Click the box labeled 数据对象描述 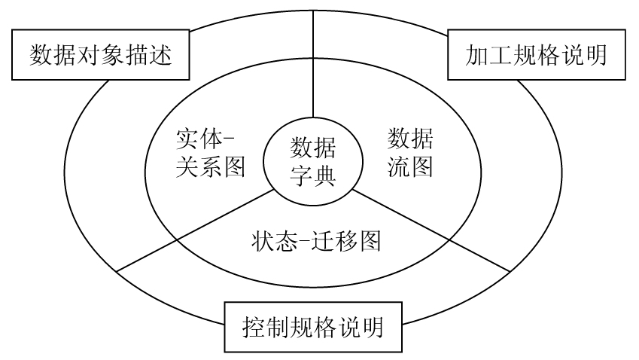click(100, 55)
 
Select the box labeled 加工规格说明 click(537, 55)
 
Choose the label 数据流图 click(410, 153)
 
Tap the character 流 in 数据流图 click(398, 166)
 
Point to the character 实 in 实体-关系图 click(187, 139)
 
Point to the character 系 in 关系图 click(211, 166)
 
